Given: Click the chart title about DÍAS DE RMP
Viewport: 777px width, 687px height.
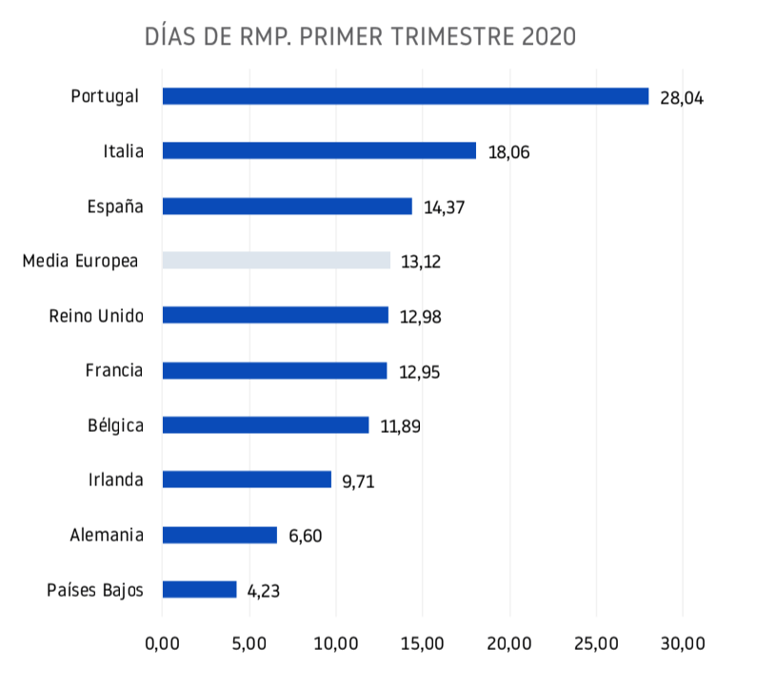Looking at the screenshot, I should point(360,37).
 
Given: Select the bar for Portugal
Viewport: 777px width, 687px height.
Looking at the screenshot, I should point(405,96).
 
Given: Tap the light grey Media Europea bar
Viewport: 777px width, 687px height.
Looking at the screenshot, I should point(276,261).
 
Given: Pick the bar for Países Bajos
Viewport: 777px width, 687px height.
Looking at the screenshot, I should point(199,590).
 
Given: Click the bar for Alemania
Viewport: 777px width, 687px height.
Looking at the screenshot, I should point(219,535).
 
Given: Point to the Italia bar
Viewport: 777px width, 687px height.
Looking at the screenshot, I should point(319,150).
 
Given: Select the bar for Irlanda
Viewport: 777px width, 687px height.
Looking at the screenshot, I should point(247,480).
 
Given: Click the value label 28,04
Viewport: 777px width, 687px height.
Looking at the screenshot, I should point(681,98).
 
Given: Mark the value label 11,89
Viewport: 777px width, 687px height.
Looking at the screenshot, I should point(401,426).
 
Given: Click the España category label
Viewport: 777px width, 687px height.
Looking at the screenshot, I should point(115,206).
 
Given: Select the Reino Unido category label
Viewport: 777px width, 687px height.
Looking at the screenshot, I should point(96,316).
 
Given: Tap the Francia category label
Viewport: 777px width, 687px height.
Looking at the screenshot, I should point(114,370).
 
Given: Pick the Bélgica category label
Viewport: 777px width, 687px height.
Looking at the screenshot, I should point(115,425).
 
